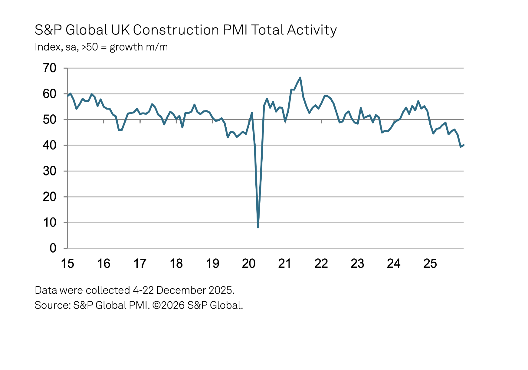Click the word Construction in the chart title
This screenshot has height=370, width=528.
click(x=176, y=30)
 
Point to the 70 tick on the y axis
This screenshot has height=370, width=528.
click(x=50, y=68)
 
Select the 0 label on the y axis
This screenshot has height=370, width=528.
click(x=53, y=248)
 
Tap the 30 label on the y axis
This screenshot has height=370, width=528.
click(x=50, y=171)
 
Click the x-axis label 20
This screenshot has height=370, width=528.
click(x=249, y=264)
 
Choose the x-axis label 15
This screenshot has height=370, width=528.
click(x=67, y=264)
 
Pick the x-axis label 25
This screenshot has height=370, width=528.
click(x=430, y=264)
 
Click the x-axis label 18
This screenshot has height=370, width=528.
click(x=176, y=264)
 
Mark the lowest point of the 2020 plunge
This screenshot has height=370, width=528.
click(x=258, y=227)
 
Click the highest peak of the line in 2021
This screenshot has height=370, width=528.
click(x=300, y=78)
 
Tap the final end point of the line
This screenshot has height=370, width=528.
click(x=464, y=145)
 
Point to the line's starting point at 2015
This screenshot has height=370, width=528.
click(x=67, y=96)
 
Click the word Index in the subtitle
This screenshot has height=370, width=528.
click(x=48, y=47)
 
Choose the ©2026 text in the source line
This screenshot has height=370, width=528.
click(x=169, y=305)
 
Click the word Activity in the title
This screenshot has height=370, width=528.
click(x=312, y=30)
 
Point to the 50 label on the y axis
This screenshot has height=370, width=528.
click(x=50, y=120)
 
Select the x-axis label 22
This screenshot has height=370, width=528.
click(x=321, y=264)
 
